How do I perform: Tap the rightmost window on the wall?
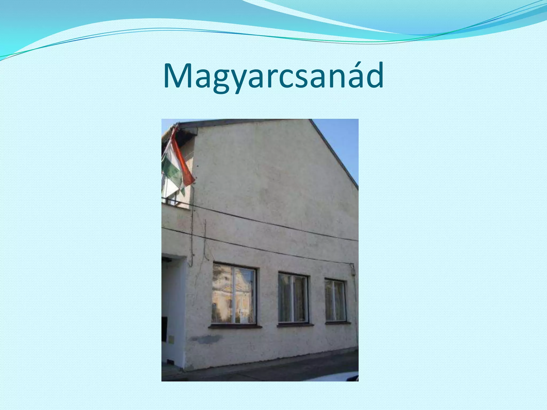(335, 300)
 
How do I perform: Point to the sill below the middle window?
(295, 325)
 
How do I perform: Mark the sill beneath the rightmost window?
(338, 323)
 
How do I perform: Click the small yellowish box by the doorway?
(171, 339)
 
